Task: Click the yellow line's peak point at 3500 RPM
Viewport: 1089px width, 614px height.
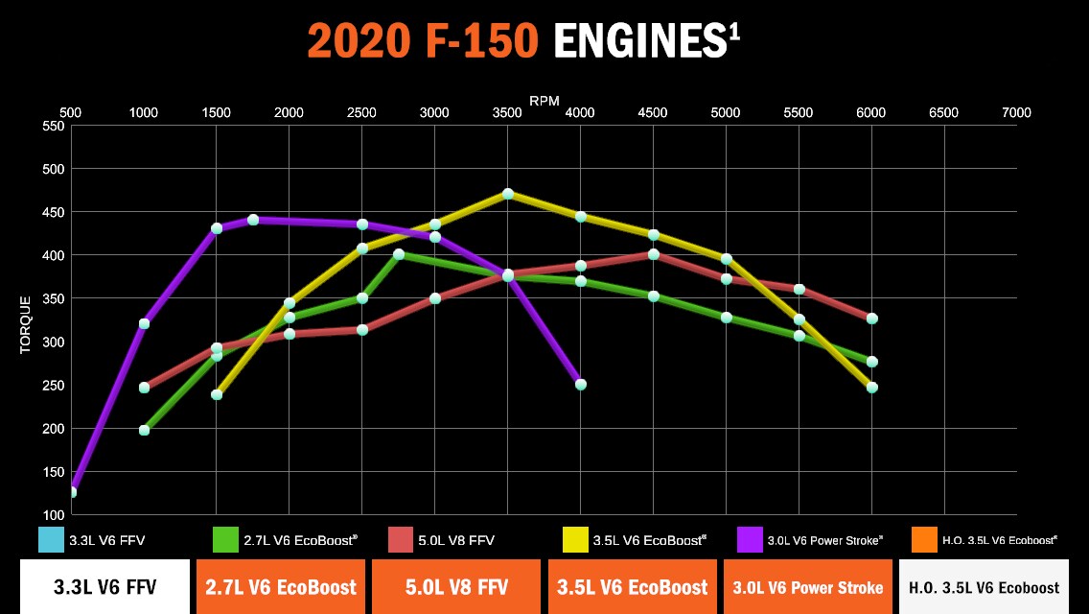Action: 508,194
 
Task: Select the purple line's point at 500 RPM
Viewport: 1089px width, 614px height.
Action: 71,492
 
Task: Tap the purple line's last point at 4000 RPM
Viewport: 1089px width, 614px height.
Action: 580,385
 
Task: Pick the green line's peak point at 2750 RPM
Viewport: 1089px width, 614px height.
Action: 399,254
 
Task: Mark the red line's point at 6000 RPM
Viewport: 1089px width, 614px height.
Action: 871,319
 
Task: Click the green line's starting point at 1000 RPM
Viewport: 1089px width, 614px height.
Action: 144,430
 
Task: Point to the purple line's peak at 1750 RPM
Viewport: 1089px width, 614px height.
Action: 253,220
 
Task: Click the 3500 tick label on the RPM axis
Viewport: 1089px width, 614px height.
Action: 507,113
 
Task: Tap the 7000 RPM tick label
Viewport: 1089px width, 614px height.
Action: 1016,113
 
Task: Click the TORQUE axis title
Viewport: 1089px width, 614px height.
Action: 26,324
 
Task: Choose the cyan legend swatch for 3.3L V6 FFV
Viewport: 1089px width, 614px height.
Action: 51,540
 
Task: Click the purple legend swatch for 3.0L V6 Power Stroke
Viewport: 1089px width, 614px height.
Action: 749,540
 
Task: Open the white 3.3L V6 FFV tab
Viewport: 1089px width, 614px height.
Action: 104,587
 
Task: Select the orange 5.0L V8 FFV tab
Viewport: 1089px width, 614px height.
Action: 453,587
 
